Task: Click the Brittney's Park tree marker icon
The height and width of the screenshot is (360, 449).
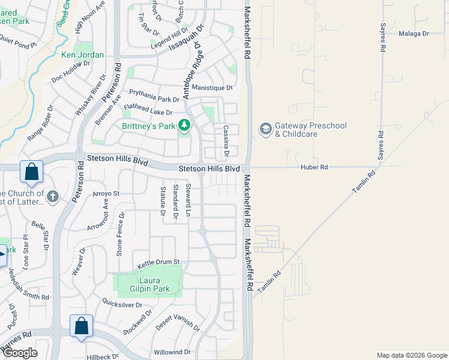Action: click(x=185, y=126)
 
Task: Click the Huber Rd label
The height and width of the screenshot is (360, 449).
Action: click(x=315, y=167)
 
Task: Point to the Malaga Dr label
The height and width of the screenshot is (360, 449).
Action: click(x=414, y=34)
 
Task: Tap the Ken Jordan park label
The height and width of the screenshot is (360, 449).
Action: click(x=82, y=55)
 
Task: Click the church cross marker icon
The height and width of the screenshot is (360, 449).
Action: click(x=53, y=197)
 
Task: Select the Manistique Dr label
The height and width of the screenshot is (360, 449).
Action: click(x=212, y=88)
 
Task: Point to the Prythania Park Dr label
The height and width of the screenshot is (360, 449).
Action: click(x=154, y=96)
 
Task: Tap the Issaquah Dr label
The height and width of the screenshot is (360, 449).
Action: click(x=186, y=37)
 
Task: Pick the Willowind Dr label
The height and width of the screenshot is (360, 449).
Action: click(x=172, y=352)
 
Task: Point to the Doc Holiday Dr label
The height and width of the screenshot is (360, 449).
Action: click(x=70, y=71)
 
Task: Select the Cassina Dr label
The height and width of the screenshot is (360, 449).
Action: click(x=226, y=141)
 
